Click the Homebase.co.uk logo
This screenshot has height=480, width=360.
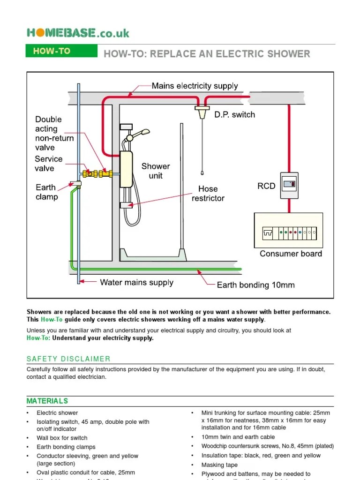tap(78, 33)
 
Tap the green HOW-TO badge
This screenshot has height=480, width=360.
tap(52, 51)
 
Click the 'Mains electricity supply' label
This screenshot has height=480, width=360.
tap(195, 86)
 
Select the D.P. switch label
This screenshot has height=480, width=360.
tap(234, 114)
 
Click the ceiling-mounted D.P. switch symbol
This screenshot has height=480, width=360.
tap(202, 112)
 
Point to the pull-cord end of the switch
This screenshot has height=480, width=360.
tap(202, 172)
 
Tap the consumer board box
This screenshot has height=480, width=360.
tap(288, 231)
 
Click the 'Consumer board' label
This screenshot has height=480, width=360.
tap(291, 254)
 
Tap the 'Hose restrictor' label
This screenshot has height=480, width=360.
tap(208, 193)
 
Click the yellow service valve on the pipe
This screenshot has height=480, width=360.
tap(89, 173)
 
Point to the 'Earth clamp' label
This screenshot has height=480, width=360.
tap(46, 192)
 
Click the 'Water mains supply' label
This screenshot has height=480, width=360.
tap(136, 282)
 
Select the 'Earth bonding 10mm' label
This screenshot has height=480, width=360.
tap(255, 285)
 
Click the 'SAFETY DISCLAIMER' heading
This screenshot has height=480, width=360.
tap(68, 359)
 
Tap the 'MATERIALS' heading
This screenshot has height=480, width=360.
tap(47, 401)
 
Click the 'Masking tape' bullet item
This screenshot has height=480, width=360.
tap(219, 465)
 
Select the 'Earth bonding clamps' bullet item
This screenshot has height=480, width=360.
tap(66, 447)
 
